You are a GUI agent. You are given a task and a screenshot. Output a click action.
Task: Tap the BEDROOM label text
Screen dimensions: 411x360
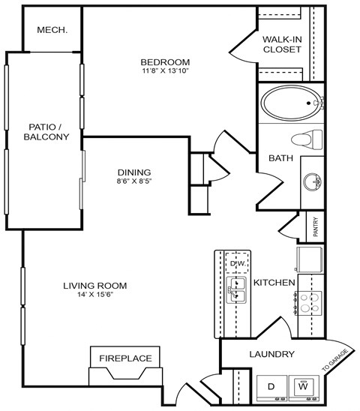[165, 61]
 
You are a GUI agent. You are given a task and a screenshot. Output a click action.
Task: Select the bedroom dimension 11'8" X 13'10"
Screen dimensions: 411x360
[165, 71]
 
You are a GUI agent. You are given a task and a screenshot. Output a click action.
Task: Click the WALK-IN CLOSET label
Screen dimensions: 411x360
[282, 43]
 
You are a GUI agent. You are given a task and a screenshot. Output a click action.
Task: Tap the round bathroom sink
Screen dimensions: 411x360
[313, 181]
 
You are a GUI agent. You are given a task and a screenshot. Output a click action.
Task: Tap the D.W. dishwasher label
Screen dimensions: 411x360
[238, 264]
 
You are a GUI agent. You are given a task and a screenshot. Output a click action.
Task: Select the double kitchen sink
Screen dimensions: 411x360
[238, 290]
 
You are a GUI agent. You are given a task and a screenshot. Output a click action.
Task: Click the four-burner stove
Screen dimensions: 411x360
[310, 302]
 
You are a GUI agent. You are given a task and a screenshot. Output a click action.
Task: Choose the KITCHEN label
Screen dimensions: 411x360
[272, 283]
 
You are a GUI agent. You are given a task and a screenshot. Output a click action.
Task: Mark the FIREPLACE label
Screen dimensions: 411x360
[125, 358]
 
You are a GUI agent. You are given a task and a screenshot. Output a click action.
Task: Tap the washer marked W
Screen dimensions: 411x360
[304, 387]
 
